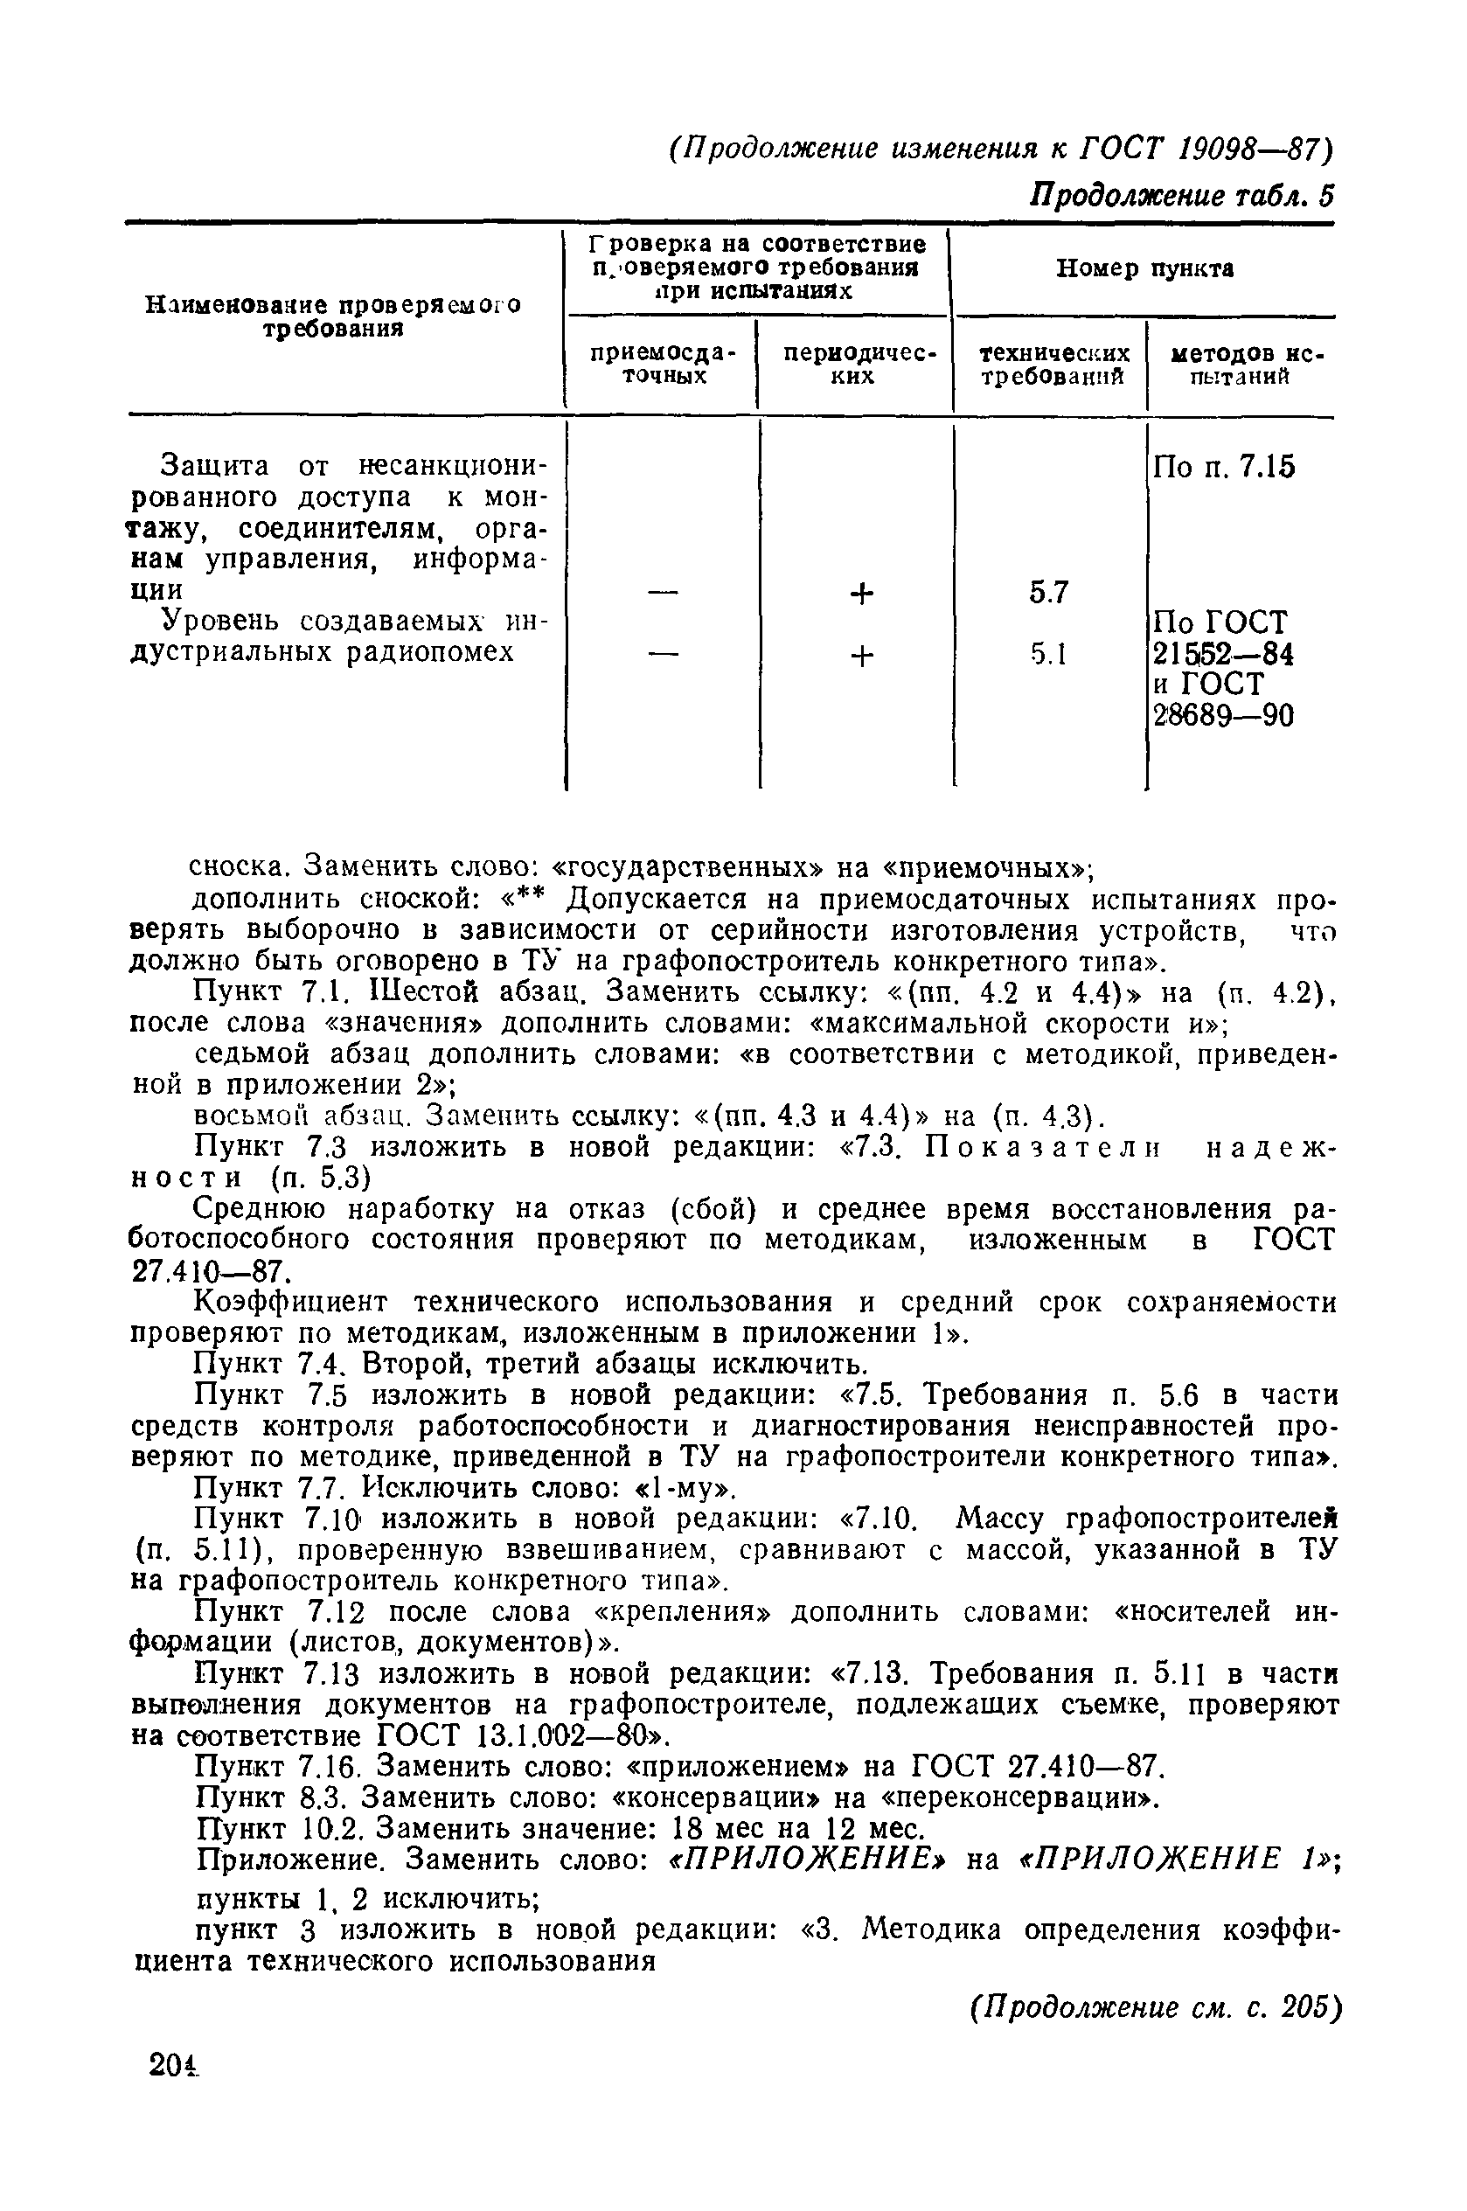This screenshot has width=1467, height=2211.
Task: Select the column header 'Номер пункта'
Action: click(x=1144, y=269)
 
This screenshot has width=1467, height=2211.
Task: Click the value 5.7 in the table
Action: click(x=1049, y=592)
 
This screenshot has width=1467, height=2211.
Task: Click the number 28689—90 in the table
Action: click(x=1223, y=716)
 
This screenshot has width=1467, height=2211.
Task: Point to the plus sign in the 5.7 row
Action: click(x=862, y=592)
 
